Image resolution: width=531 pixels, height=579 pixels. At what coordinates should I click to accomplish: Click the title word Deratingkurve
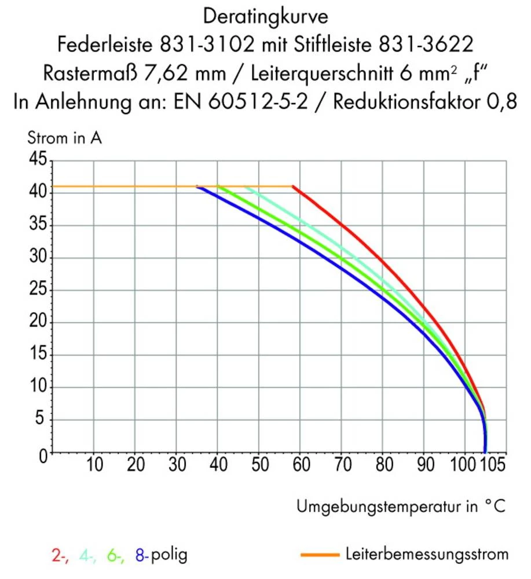point(266,16)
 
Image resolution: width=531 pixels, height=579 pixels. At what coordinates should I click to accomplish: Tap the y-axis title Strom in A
point(65,139)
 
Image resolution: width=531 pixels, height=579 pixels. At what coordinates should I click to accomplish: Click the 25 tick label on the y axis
point(37,289)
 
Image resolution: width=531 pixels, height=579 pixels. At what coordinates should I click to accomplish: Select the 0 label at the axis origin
point(42,455)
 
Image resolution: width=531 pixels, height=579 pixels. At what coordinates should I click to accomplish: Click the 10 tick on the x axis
point(94,465)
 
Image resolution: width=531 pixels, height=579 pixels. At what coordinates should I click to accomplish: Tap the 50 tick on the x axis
point(259,465)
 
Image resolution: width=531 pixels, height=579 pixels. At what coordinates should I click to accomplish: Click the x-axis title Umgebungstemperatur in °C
point(401,507)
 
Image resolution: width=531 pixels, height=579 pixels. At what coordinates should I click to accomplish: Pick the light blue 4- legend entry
point(88,556)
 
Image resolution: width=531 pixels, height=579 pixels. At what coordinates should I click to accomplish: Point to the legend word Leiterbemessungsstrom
point(426,554)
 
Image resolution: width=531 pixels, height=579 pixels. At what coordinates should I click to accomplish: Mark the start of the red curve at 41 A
point(294,186)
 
